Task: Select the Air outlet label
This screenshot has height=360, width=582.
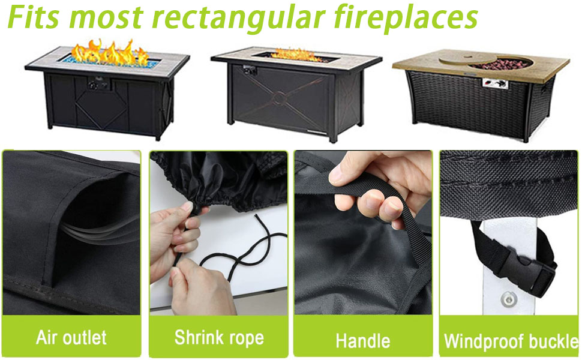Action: click(71, 337)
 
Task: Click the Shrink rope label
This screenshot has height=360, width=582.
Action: click(219, 337)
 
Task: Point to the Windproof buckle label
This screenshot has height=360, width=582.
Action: click(511, 341)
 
